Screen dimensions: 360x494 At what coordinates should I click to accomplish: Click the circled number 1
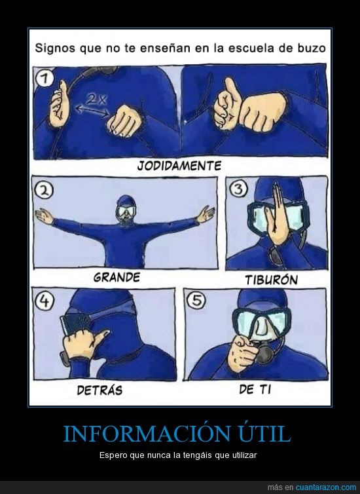pyautogui.click(x=44, y=79)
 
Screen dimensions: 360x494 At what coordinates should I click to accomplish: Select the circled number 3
pyautogui.click(x=239, y=189)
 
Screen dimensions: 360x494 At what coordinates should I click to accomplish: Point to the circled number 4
pyautogui.click(x=44, y=301)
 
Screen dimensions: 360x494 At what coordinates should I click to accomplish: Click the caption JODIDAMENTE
pyautogui.click(x=179, y=166)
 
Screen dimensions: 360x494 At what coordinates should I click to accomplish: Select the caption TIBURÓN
pyautogui.click(x=271, y=280)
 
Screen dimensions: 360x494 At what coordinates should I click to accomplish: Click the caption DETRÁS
pyautogui.click(x=99, y=390)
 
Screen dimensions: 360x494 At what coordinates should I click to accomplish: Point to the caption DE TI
pyautogui.click(x=255, y=389)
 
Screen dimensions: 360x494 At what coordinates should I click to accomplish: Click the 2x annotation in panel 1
pyautogui.click(x=96, y=99)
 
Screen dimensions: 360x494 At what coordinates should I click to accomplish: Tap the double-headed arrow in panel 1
pyautogui.click(x=92, y=111)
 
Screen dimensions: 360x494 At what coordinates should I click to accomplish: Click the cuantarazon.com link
pyautogui.click(x=326, y=487)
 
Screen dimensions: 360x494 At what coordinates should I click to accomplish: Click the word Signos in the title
pyautogui.click(x=55, y=48)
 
